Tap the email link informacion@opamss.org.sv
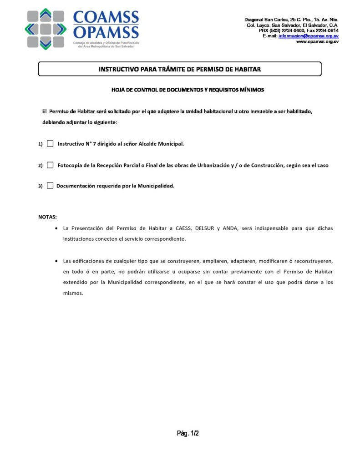click(308, 36)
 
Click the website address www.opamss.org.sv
click(317, 41)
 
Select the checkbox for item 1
click(50, 144)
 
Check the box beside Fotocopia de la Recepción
click(50, 165)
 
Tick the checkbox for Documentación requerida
click(50, 186)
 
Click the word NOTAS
click(47, 217)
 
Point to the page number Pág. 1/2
click(188, 434)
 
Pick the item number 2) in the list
click(41, 166)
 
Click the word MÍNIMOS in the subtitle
click(252, 90)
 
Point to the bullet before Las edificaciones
click(56, 261)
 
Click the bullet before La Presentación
click(56, 228)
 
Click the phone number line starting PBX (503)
click(298, 30)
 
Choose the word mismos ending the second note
click(73, 294)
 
